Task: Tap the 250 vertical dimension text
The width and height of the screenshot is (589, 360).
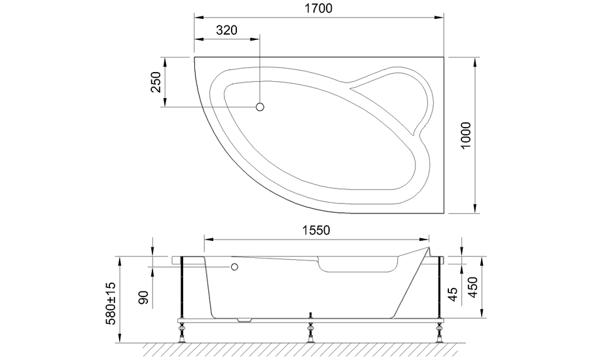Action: click(156, 82)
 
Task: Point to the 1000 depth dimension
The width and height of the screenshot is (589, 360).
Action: click(465, 135)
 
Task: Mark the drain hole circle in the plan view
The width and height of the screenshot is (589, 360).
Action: click(260, 107)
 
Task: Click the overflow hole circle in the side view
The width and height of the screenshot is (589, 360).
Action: click(234, 267)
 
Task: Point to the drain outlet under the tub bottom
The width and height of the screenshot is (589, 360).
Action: click(245, 321)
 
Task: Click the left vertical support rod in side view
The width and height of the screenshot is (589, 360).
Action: click(181, 288)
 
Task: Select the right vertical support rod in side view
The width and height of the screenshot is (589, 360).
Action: click(437, 288)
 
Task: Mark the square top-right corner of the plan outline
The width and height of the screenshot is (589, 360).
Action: click(446, 58)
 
